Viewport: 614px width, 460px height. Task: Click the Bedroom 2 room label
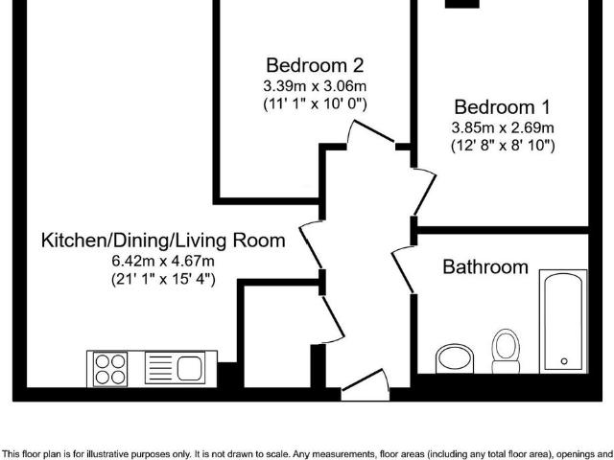coord(315,65)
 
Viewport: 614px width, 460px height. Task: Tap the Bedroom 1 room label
coord(503,107)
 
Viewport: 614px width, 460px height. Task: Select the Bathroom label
coord(485,266)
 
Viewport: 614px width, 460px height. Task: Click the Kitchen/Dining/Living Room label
coord(163,241)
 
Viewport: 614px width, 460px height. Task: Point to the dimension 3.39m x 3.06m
coord(315,85)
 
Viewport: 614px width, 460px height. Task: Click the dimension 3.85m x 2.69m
coord(503,127)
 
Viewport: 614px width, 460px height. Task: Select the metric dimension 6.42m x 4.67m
coord(163,260)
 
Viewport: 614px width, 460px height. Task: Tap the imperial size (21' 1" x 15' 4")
coord(163,279)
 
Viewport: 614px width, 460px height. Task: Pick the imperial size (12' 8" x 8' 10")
coord(503,146)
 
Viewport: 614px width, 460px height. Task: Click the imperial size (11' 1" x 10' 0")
coord(315,104)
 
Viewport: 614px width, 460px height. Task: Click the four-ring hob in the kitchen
coord(110,369)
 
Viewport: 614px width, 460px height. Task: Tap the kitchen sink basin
coord(190,368)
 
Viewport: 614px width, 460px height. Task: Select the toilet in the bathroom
coord(506,352)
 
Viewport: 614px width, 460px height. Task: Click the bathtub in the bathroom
coord(563,322)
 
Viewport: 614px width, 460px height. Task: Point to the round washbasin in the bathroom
coord(454,358)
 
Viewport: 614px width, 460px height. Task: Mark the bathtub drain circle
coord(564,361)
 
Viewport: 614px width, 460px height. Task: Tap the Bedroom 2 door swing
coord(370,134)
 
